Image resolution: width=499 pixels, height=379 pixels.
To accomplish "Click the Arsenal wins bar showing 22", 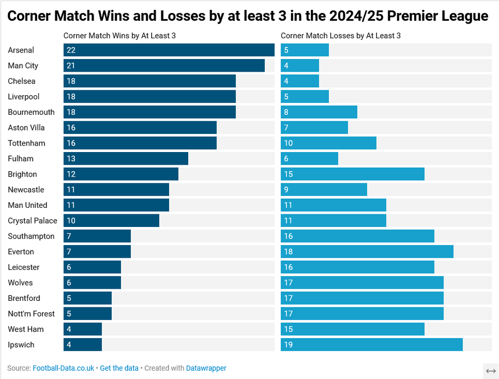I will [169, 50].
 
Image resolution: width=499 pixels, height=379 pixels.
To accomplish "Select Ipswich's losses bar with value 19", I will [372, 345].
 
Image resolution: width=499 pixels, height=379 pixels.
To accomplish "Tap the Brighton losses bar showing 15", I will [352, 174].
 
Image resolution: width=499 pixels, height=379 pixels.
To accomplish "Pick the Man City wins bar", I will [164, 66].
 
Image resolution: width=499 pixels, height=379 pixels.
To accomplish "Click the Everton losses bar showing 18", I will [367, 252].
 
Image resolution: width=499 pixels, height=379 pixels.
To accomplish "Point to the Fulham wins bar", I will [126, 159].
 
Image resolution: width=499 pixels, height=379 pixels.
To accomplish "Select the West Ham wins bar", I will [83, 329].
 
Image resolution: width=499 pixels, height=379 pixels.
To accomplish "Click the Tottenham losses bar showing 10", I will [328, 143].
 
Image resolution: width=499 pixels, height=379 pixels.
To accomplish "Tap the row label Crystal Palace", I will [32, 221].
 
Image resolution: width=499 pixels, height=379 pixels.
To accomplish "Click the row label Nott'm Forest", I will [31, 314].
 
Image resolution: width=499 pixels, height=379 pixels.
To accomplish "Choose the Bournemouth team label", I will [31, 112].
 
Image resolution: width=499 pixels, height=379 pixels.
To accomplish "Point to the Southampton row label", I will [31, 236].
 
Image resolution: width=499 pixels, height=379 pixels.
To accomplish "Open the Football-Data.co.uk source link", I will [63, 368].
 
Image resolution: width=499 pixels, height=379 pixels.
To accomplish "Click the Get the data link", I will [119, 368].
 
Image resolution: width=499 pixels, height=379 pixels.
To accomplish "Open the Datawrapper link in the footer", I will [206, 368].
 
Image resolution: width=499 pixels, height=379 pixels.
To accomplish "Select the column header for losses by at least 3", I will [340, 36].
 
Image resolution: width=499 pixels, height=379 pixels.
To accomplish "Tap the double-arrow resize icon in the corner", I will [490, 371].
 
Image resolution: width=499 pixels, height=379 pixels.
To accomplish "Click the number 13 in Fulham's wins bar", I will [71, 159].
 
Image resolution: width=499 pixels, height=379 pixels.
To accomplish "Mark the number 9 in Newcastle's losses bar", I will [286, 190].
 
